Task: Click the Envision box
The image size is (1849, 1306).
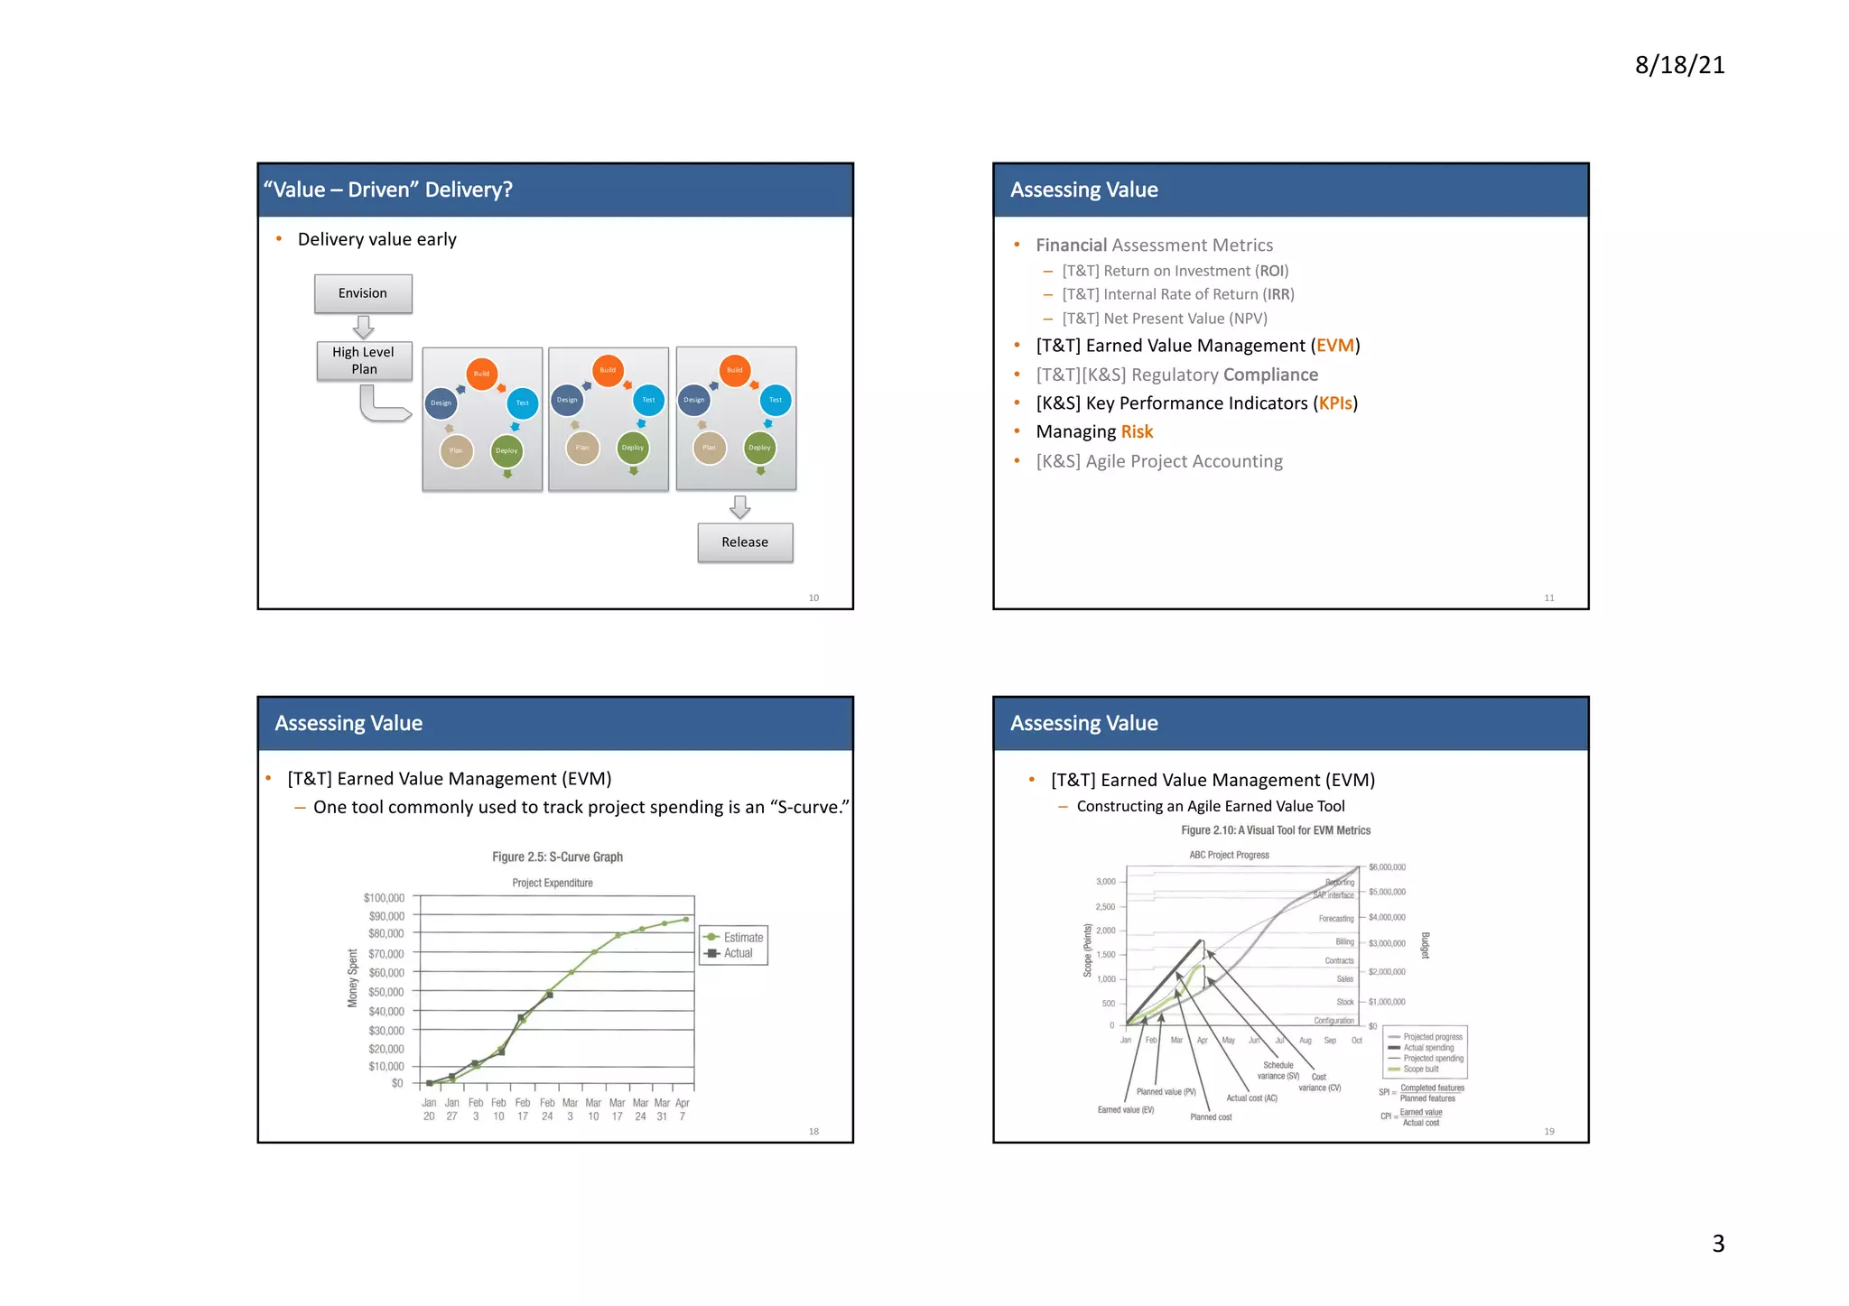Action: [x=363, y=293]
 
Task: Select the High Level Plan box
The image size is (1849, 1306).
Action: [x=364, y=361]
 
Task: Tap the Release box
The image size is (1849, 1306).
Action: [x=745, y=542]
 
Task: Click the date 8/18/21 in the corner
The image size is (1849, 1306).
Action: [x=1679, y=65]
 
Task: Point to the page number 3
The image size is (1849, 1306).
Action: [x=1718, y=1244]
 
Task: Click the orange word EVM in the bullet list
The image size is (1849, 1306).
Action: [x=1334, y=346]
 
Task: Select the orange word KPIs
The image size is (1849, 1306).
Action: [x=1335, y=403]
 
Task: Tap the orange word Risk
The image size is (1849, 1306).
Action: [x=1137, y=432]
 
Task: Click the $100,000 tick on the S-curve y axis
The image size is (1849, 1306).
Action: [x=385, y=898]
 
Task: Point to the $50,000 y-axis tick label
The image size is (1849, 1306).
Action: [x=386, y=992]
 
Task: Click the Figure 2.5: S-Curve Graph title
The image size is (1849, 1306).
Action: [x=557, y=857]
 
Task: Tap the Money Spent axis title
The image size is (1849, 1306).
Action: [x=353, y=977]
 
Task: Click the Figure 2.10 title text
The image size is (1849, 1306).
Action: [x=1276, y=830]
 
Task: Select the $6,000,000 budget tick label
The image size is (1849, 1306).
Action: [x=1387, y=867]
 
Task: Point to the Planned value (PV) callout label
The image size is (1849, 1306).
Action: [x=1166, y=1092]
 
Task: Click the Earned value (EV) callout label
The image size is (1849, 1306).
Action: [x=1126, y=1110]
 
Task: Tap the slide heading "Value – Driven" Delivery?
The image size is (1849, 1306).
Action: [x=388, y=190]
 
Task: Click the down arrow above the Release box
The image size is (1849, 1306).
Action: [x=740, y=507]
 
